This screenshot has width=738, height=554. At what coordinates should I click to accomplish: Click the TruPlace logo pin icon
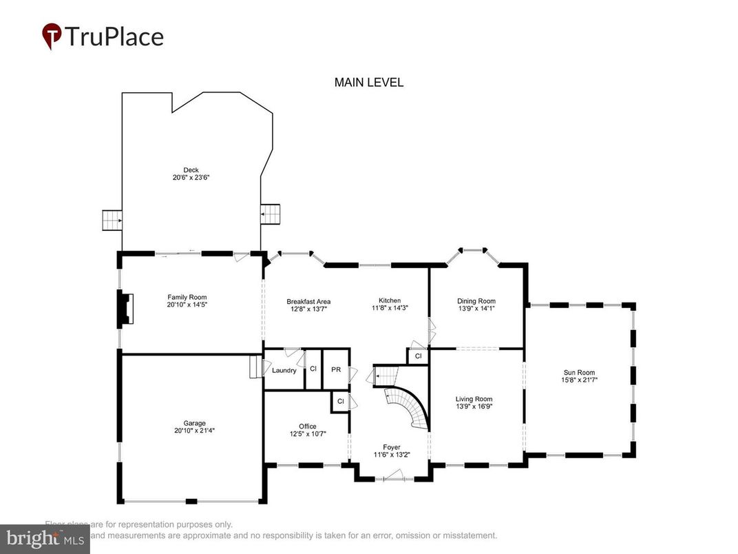[52, 36]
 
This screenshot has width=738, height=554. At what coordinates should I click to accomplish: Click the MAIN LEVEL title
[368, 83]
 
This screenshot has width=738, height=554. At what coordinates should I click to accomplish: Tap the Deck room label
[191, 170]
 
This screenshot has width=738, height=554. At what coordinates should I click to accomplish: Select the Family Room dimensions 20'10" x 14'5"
[187, 305]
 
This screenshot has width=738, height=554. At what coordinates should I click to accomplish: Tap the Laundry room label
[284, 371]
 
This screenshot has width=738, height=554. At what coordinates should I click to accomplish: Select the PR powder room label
[336, 369]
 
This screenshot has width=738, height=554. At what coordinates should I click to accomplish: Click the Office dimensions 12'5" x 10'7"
[307, 434]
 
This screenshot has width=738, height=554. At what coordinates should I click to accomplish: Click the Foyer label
[391, 447]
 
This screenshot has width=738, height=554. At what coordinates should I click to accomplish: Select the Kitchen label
[389, 300]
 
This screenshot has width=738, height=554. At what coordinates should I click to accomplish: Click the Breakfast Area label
[308, 301]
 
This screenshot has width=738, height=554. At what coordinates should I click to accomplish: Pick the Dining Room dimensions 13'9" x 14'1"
[476, 309]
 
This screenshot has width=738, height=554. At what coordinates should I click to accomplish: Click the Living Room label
[474, 398]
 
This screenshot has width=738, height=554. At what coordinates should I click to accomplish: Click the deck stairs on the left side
[112, 220]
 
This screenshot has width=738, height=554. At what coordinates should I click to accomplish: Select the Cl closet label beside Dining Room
[418, 356]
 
